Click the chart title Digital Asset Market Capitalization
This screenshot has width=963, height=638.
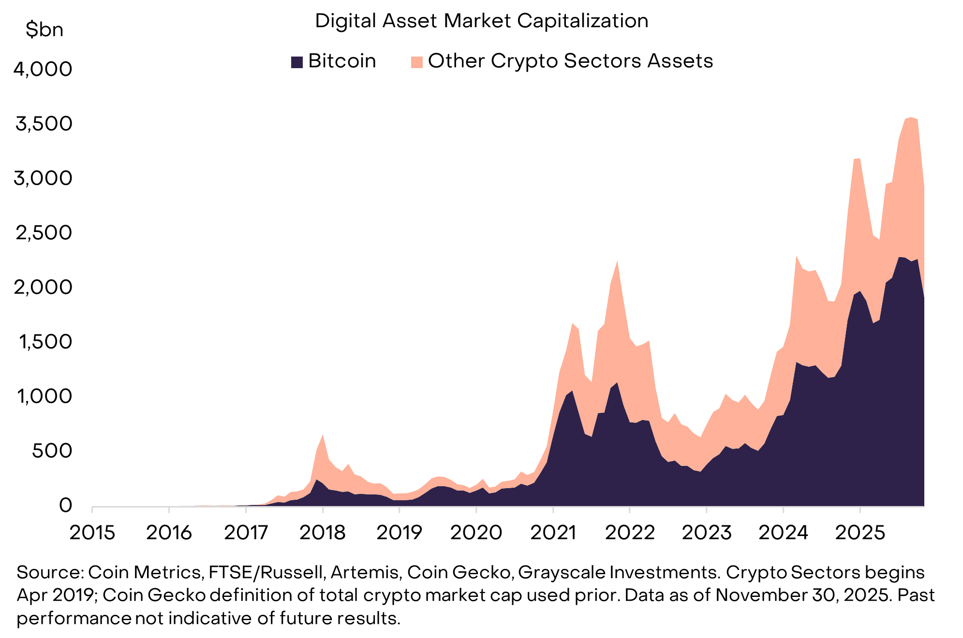(481, 21)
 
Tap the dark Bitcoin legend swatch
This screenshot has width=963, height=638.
(296, 62)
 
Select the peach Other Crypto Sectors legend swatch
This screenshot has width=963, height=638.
(416, 62)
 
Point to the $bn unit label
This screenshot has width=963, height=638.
(44, 30)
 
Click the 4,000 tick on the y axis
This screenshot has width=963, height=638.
(43, 69)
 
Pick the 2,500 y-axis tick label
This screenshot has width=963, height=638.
(43, 233)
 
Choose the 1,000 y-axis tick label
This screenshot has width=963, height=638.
(44, 396)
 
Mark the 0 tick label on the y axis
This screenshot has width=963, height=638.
(65, 506)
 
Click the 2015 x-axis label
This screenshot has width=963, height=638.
(92, 533)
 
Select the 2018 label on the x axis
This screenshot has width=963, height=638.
(323, 533)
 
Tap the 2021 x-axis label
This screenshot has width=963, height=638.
(553, 533)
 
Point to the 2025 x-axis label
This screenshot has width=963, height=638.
(860, 533)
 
